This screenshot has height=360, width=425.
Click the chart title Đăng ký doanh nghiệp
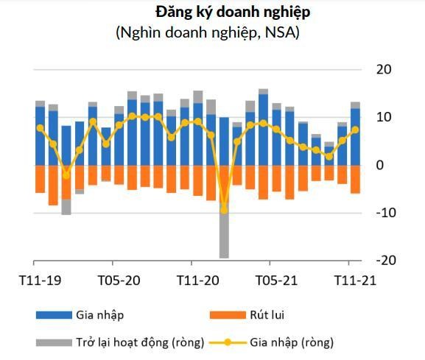(232, 12)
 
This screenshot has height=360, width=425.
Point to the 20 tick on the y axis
(383, 70)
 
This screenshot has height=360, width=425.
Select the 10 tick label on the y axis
(383, 118)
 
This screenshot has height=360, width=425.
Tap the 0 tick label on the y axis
(380, 166)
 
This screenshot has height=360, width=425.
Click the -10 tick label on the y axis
(381, 213)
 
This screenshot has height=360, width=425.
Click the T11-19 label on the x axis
(40, 280)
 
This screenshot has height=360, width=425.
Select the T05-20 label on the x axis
(119, 280)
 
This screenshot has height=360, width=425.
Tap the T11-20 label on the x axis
(197, 280)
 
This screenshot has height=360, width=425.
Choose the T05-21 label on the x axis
(276, 280)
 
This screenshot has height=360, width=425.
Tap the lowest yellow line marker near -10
(224, 210)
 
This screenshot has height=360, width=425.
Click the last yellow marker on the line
(355, 130)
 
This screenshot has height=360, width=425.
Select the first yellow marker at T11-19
(40, 128)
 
